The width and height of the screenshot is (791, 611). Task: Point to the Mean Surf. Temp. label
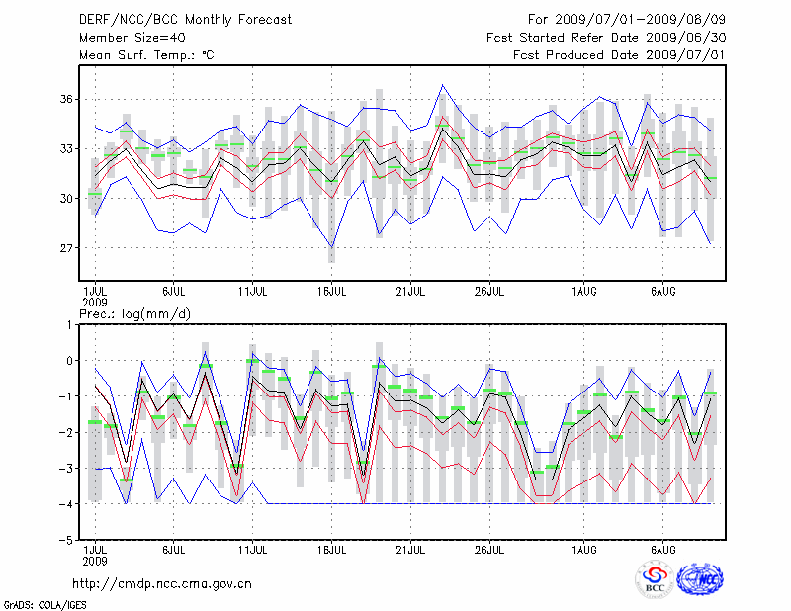(146, 55)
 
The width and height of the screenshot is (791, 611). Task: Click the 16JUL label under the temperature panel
(332, 292)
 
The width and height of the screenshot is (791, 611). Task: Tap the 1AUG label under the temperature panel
(585, 292)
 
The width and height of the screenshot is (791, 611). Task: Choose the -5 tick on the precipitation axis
(69, 541)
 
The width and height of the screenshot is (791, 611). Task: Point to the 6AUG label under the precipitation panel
(663, 549)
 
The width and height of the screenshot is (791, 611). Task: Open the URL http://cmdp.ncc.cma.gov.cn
(163, 583)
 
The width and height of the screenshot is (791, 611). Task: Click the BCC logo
(655, 579)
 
